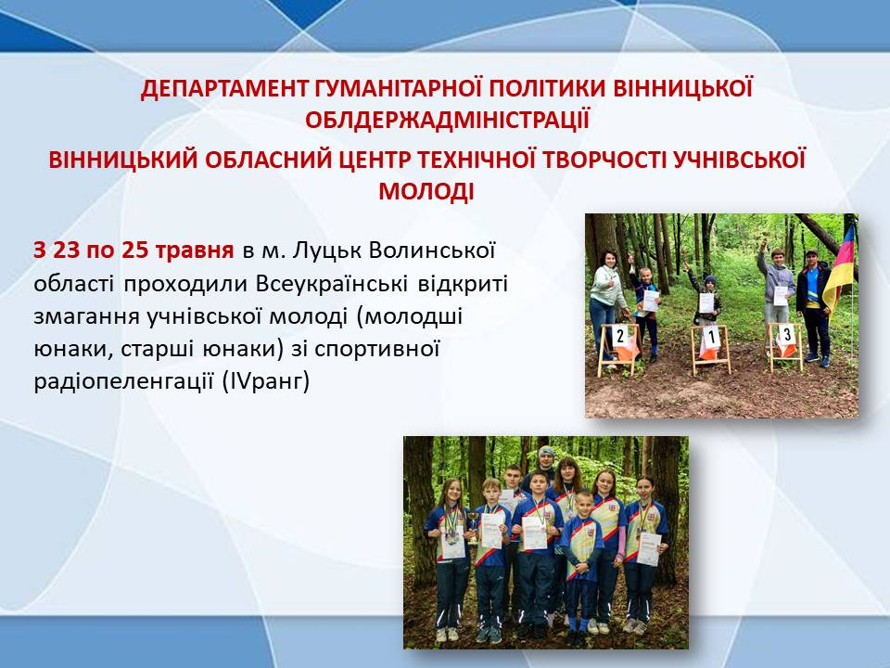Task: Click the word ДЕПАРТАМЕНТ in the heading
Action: coord(223,89)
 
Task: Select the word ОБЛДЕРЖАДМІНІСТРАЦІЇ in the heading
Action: coord(447,121)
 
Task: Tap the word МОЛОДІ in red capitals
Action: coord(426,191)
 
